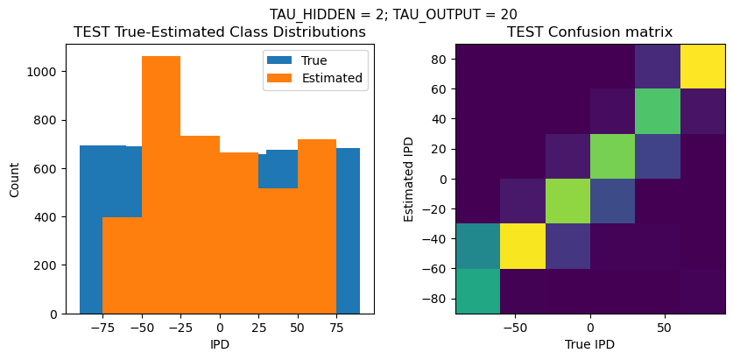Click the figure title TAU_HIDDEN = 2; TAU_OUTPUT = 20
[392, 14]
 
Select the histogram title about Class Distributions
[219, 32]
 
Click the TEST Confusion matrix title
[590, 32]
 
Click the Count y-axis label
[14, 179]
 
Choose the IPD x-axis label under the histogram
[219, 344]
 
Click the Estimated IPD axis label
[410, 179]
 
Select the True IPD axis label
[590, 344]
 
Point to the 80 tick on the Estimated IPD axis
[440, 60]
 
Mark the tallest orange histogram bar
[161, 185]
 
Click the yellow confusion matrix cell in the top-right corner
[702, 66]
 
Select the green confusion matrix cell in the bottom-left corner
[478, 291]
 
